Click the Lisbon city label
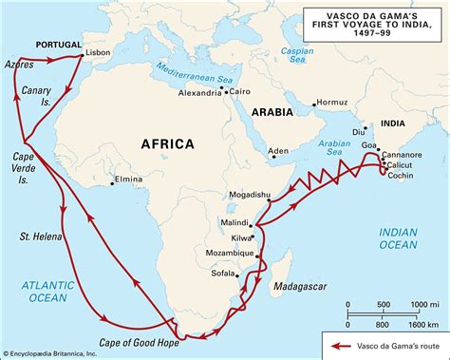pyautogui.click(x=98, y=53)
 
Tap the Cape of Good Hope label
pyautogui.click(x=141, y=341)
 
